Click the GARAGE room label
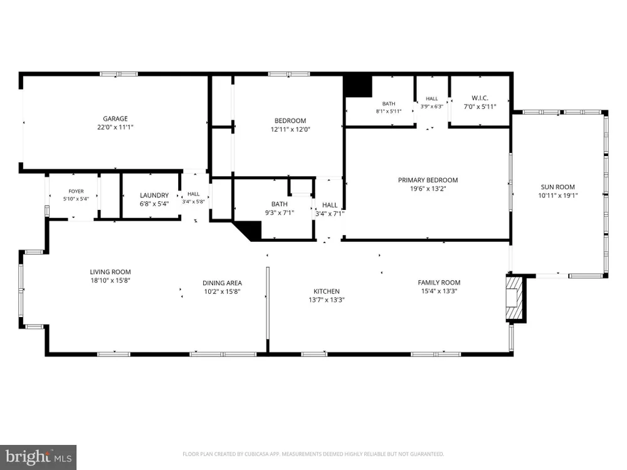[115, 118]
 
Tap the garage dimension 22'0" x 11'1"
[115, 127]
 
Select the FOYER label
[76, 191]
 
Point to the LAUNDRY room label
[154, 196]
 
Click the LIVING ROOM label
[110, 272]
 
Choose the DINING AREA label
[223, 283]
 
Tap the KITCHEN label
[327, 291]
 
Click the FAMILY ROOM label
[439, 283]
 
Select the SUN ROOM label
[558, 187]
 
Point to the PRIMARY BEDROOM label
[428, 180]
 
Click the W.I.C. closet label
[480, 98]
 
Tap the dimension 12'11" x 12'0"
[291, 129]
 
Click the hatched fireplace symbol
[514, 298]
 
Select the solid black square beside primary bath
[358, 86]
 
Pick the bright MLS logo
[38, 457]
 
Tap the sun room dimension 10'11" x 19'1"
[558, 196]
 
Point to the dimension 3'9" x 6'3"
[432, 107]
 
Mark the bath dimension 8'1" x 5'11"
[389, 112]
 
